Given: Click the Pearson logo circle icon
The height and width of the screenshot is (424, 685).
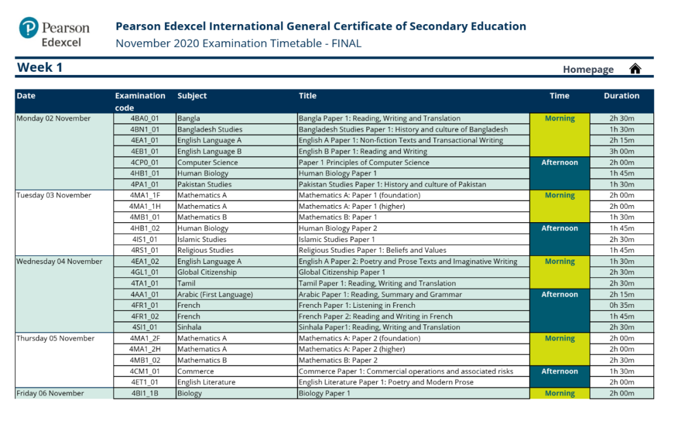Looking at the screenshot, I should coord(29,29).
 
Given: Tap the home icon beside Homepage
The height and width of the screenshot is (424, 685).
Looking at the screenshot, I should coord(635,69).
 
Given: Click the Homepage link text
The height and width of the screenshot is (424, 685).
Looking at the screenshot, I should coord(588,70).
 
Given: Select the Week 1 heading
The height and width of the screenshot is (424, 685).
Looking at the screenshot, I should coord(40,67).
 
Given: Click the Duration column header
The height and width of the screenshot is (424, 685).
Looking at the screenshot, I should coord(621,96).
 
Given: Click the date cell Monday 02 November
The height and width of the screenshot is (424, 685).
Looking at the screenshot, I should coord(54,119).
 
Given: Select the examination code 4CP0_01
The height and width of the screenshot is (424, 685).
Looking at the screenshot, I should coord(144,162).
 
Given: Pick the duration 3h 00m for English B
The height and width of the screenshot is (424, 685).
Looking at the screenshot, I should coord(622,152).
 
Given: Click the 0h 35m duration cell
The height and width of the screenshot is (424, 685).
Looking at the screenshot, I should coord(622,305).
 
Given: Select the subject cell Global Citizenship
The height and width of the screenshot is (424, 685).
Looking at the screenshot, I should coord(207,272).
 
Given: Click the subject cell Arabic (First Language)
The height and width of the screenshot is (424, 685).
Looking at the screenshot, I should coord(215,295).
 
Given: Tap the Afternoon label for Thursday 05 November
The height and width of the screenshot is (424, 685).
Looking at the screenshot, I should coord(559,371).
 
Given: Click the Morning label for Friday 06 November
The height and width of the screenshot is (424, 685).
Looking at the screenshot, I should coord(559,394).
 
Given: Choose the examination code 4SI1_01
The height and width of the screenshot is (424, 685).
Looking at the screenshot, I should coord(144,328).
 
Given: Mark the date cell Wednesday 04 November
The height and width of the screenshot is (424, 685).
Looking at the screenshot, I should coord(59,262).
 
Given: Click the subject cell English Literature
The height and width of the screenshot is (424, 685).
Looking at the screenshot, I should coord(206,382).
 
